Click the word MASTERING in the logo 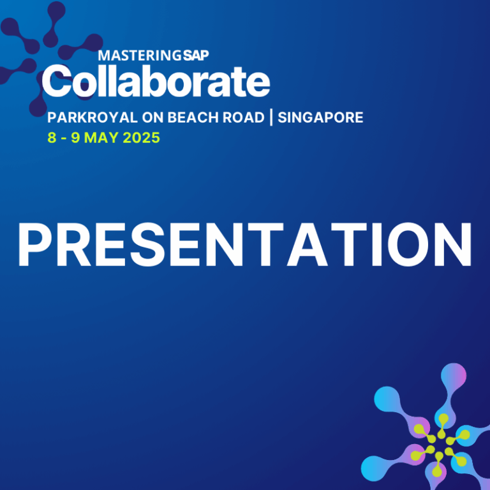139,56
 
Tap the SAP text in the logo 196,56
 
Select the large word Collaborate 156,81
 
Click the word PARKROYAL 93,117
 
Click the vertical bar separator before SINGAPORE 271,117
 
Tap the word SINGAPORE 320,117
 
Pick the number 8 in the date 52,138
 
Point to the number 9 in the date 76,138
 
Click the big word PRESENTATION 245,244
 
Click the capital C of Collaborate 57,81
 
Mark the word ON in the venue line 152,117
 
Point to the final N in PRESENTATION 453,244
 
